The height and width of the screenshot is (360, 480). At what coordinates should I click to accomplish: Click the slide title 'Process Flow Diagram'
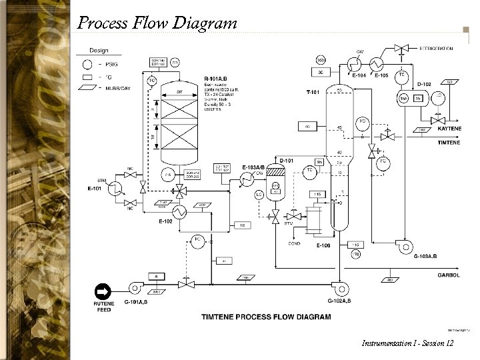[157, 23]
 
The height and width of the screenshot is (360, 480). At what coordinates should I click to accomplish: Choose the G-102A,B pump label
[339, 301]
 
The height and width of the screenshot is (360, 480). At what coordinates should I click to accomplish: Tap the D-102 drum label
[425, 84]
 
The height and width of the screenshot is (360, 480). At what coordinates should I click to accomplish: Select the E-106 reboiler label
[323, 245]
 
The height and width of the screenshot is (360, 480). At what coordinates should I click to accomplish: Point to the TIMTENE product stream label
[449, 143]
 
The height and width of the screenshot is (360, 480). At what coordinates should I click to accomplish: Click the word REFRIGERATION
[437, 49]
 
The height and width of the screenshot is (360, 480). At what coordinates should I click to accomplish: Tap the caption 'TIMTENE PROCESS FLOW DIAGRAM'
[265, 317]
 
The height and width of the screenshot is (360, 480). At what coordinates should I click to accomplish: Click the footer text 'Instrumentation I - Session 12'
[407, 343]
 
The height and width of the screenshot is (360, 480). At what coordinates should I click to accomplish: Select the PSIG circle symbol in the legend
[87, 65]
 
